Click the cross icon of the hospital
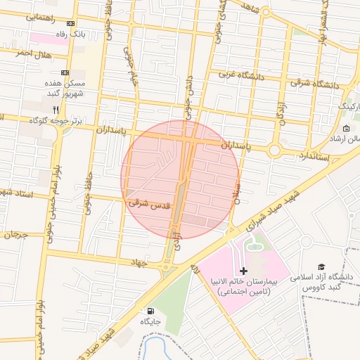[x=244, y=271]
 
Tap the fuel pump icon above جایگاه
[x=150, y=311]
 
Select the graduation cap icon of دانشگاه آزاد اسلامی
[x=321, y=267]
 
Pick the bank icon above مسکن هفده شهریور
[x=65, y=72]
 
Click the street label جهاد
[x=136, y=262]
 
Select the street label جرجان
[x=13, y=234]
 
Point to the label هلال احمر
[x=34, y=53]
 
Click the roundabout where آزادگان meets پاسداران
[x=274, y=150]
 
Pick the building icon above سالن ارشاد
[x=346, y=128]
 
